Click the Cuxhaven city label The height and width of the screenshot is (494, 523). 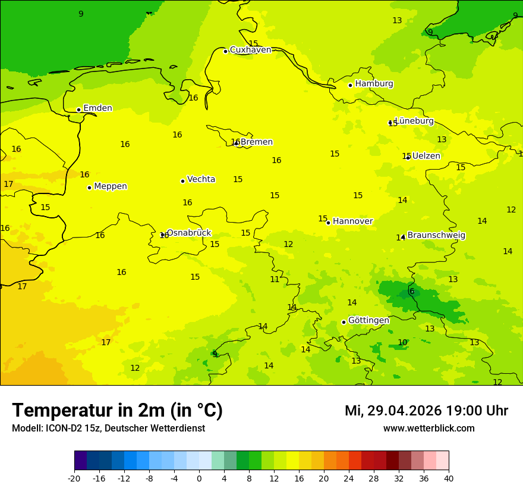point(250,50)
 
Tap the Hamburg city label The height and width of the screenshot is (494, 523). point(374,84)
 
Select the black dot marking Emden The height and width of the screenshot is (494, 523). point(78,110)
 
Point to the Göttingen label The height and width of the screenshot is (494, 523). point(368,321)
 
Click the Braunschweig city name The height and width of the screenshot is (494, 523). point(436,236)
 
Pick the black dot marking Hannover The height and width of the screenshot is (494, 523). point(328,223)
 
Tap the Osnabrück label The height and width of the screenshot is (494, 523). point(188,233)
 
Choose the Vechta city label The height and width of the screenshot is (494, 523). point(201,179)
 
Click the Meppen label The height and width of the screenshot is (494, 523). point(110,186)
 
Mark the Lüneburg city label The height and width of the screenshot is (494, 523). point(414,121)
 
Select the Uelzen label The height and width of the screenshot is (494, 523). point(426,156)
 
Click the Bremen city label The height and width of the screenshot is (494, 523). point(256,142)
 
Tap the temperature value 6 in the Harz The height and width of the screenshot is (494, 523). point(411,292)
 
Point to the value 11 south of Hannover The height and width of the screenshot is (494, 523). point(275,280)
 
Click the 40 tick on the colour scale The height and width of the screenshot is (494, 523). point(448,479)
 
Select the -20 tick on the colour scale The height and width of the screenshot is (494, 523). point(74,479)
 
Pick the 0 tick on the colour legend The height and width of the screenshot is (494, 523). point(199,479)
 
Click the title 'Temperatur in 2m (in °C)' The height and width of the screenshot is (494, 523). point(118,411)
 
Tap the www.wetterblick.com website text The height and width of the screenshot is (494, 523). point(429,429)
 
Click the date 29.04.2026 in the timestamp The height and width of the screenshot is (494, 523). point(404,411)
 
